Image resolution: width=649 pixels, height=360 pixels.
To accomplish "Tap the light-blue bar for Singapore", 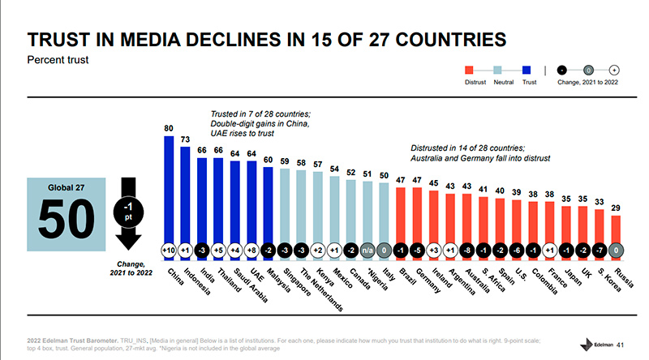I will tap(285, 207).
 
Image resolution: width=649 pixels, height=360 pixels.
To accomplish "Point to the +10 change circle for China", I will tap(170, 250).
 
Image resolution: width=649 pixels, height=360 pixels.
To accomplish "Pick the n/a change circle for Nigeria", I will tap(367, 250).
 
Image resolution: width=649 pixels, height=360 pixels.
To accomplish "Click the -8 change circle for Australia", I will tap(467, 250).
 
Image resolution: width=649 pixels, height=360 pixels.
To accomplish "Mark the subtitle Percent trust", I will tap(58, 60).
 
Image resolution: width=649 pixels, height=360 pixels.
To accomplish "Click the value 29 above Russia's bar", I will tap(616, 208).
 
